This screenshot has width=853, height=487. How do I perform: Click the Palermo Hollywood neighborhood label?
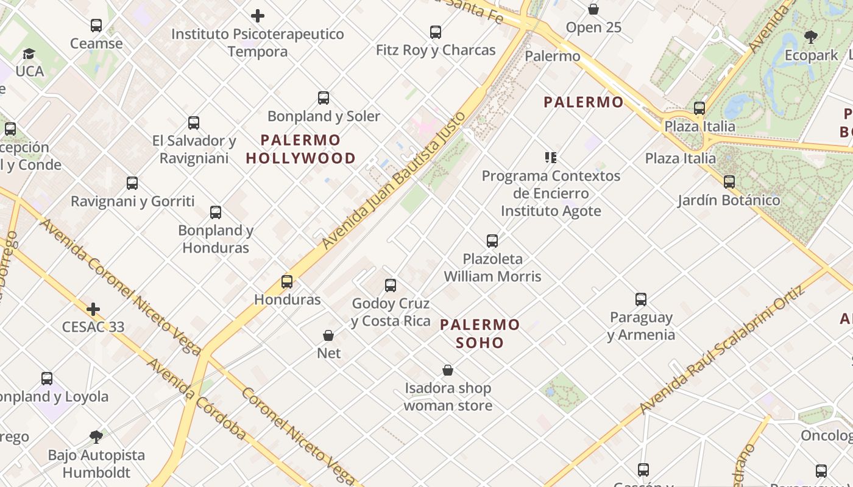pyautogui.click(x=300, y=149)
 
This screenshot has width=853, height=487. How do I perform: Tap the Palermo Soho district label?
pyautogui.click(x=480, y=333)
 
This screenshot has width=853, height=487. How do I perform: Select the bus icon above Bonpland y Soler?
pyautogui.click(x=324, y=97)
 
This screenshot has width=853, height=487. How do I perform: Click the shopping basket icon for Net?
pyautogui.click(x=328, y=335)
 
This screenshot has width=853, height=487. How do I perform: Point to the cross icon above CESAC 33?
pyautogui.click(x=93, y=309)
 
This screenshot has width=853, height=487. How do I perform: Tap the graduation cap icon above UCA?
pyautogui.click(x=29, y=54)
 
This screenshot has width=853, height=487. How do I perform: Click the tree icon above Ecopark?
pyautogui.click(x=810, y=37)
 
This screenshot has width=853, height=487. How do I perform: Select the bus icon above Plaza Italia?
pyautogui.click(x=699, y=108)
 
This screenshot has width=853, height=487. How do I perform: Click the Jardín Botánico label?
pyautogui.click(x=729, y=200)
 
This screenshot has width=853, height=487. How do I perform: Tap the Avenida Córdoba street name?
pyautogui.click(x=197, y=399)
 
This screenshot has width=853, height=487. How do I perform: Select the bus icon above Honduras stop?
pyautogui.click(x=287, y=281)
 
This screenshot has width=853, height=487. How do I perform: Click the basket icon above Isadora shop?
pyautogui.click(x=448, y=370)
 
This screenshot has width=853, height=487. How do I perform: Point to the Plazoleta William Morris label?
pyautogui.click(x=492, y=267)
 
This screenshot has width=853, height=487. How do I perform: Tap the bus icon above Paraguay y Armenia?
pyautogui.click(x=641, y=300)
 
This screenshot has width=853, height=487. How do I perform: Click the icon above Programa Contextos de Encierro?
pyautogui.click(x=551, y=158)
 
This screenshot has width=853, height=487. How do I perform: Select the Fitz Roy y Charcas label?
pyautogui.click(x=436, y=50)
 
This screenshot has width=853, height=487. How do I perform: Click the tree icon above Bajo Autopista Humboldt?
pyautogui.click(x=96, y=436)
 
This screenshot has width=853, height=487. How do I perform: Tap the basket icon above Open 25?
pyautogui.click(x=593, y=9)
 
